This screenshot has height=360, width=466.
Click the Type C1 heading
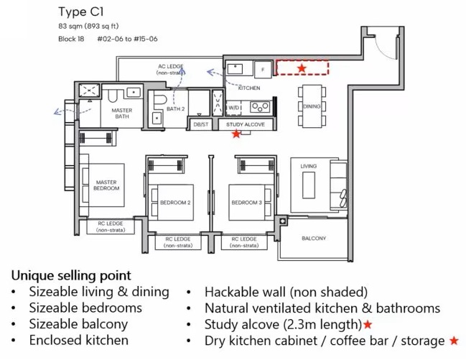click(x=81, y=12)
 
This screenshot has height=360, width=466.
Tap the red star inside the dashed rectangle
click(x=302, y=68)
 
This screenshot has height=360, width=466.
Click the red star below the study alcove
click(x=236, y=134)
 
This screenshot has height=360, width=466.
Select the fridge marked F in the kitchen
click(x=263, y=70)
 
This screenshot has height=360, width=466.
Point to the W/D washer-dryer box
click(x=234, y=108)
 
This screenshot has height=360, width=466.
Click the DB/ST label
click(x=201, y=124)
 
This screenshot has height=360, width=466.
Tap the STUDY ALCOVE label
click(x=246, y=124)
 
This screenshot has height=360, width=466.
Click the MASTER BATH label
click(x=122, y=113)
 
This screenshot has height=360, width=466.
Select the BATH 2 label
click(x=175, y=109)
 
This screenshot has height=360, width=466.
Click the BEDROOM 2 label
click(x=175, y=203)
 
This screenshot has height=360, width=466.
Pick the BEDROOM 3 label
click(x=247, y=203)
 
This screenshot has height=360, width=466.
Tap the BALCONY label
click(x=314, y=239)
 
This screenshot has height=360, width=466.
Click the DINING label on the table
click(x=312, y=106)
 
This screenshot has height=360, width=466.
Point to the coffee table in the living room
click(x=309, y=185)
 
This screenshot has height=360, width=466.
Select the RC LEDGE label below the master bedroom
click(x=111, y=227)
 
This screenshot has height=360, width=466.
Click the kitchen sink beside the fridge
click(x=235, y=69)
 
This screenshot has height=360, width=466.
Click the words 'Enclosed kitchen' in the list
click(x=79, y=341)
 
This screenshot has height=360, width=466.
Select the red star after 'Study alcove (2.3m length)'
click(x=368, y=324)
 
